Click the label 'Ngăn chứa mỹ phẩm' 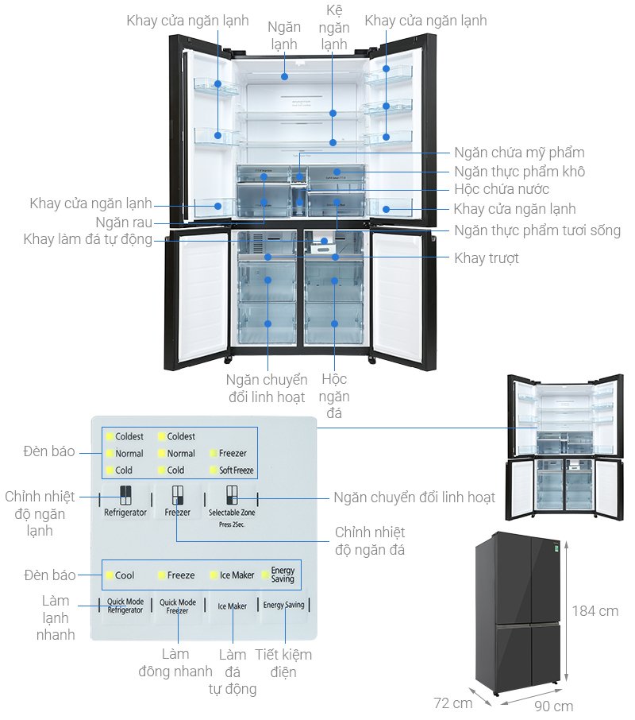[x=519, y=153]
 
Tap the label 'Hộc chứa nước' [x=502, y=190]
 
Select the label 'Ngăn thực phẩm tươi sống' [x=537, y=230]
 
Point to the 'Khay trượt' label [x=487, y=258]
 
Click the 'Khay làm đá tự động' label [x=87, y=239]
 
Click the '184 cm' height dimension [x=595, y=611]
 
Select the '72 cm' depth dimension [x=453, y=703]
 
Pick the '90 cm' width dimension [x=553, y=706]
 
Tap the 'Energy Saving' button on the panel [x=283, y=606]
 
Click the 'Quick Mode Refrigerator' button [x=125, y=606]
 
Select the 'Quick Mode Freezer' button [x=177, y=606]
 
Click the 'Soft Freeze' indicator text [x=236, y=470]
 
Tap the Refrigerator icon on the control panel [x=125, y=496]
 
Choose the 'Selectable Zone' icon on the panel [x=231, y=496]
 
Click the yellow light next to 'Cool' [x=110, y=575]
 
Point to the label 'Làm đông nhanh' [x=175, y=663]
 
